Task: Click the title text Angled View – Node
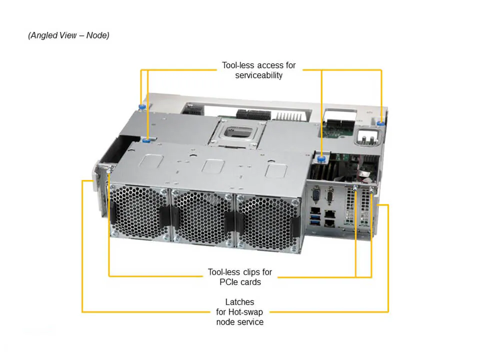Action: pos(68,35)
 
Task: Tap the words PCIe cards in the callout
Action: pos(240,282)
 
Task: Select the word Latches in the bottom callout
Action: pos(239,302)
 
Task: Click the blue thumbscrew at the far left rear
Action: pos(142,107)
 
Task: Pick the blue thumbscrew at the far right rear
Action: pos(381,122)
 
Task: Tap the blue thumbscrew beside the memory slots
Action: pos(321,159)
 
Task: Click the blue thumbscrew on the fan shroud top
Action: pos(146,140)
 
